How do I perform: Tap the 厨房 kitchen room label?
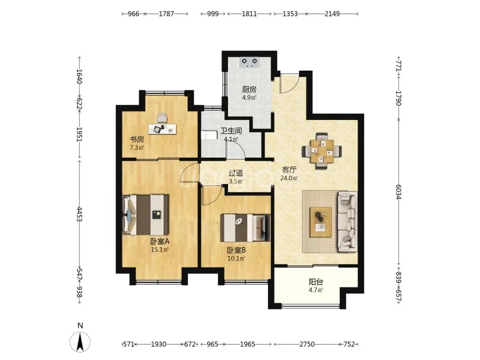click(249, 89)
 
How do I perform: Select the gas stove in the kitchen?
click(249, 62)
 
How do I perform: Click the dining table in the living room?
click(322, 151)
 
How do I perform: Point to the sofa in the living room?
click(348, 222)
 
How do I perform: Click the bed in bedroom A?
click(146, 215)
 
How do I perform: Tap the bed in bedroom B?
click(245, 228)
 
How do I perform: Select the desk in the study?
click(162, 128)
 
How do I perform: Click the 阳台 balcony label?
click(316, 282)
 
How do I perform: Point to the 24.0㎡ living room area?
click(289, 178)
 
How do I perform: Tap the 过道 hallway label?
click(236, 173)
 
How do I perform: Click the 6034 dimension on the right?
click(398, 192)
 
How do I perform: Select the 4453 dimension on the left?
click(79, 214)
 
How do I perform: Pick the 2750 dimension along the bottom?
click(307, 344)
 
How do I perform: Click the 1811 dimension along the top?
click(249, 14)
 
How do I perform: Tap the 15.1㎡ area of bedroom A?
click(160, 249)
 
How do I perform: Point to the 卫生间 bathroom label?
click(231, 131)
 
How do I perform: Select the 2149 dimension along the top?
click(332, 14)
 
